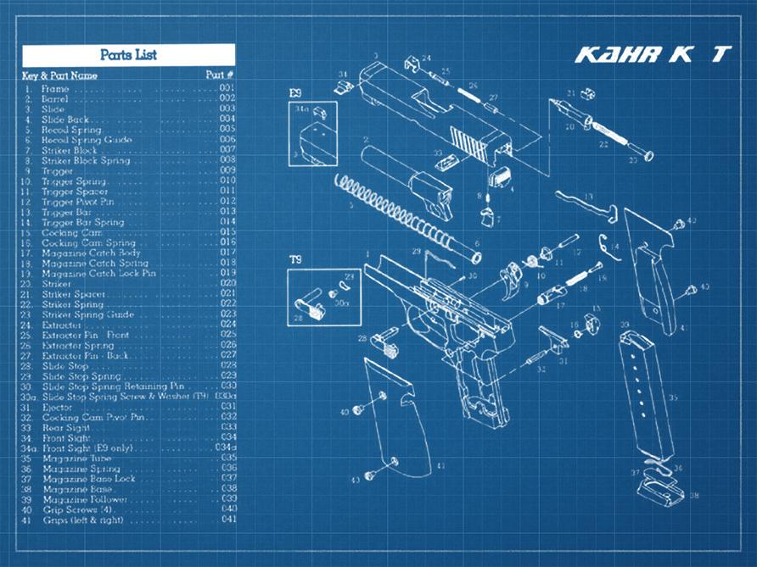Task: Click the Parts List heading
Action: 128,55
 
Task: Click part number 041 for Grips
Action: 227,520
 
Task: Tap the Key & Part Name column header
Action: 59,75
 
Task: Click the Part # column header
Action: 220,75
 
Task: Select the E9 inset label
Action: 294,92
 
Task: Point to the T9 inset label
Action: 295,259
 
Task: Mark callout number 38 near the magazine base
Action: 694,496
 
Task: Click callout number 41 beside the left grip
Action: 440,466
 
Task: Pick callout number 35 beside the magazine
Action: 673,397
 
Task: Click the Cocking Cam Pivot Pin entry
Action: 94,417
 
